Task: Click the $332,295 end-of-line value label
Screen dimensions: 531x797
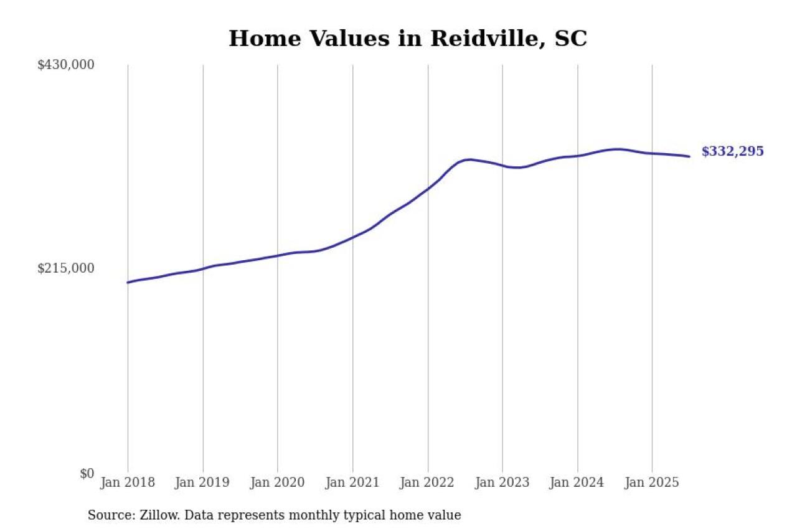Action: [x=732, y=151]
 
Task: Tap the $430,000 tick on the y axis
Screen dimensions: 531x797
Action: [x=66, y=65]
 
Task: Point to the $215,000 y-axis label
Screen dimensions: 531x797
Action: [x=66, y=268]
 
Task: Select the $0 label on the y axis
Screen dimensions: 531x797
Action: [x=87, y=473]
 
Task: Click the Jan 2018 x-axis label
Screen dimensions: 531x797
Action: [x=128, y=482]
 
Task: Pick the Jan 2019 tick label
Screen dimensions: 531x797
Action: [x=202, y=482]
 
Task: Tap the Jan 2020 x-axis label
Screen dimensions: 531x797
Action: [x=277, y=482]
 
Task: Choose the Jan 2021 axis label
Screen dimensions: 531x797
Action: [x=352, y=482]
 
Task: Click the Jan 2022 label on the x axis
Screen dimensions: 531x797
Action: [x=428, y=482]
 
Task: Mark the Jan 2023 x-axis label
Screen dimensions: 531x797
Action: [x=502, y=482]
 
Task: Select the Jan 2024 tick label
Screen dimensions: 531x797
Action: [x=577, y=482]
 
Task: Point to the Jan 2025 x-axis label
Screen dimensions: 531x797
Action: [x=652, y=482]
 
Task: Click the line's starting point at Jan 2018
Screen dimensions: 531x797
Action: [x=128, y=283]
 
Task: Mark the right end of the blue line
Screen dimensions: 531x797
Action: [x=689, y=156]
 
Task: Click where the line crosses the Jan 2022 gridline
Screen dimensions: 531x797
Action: [x=428, y=189]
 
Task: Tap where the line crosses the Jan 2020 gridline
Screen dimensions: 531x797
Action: [x=278, y=255]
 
